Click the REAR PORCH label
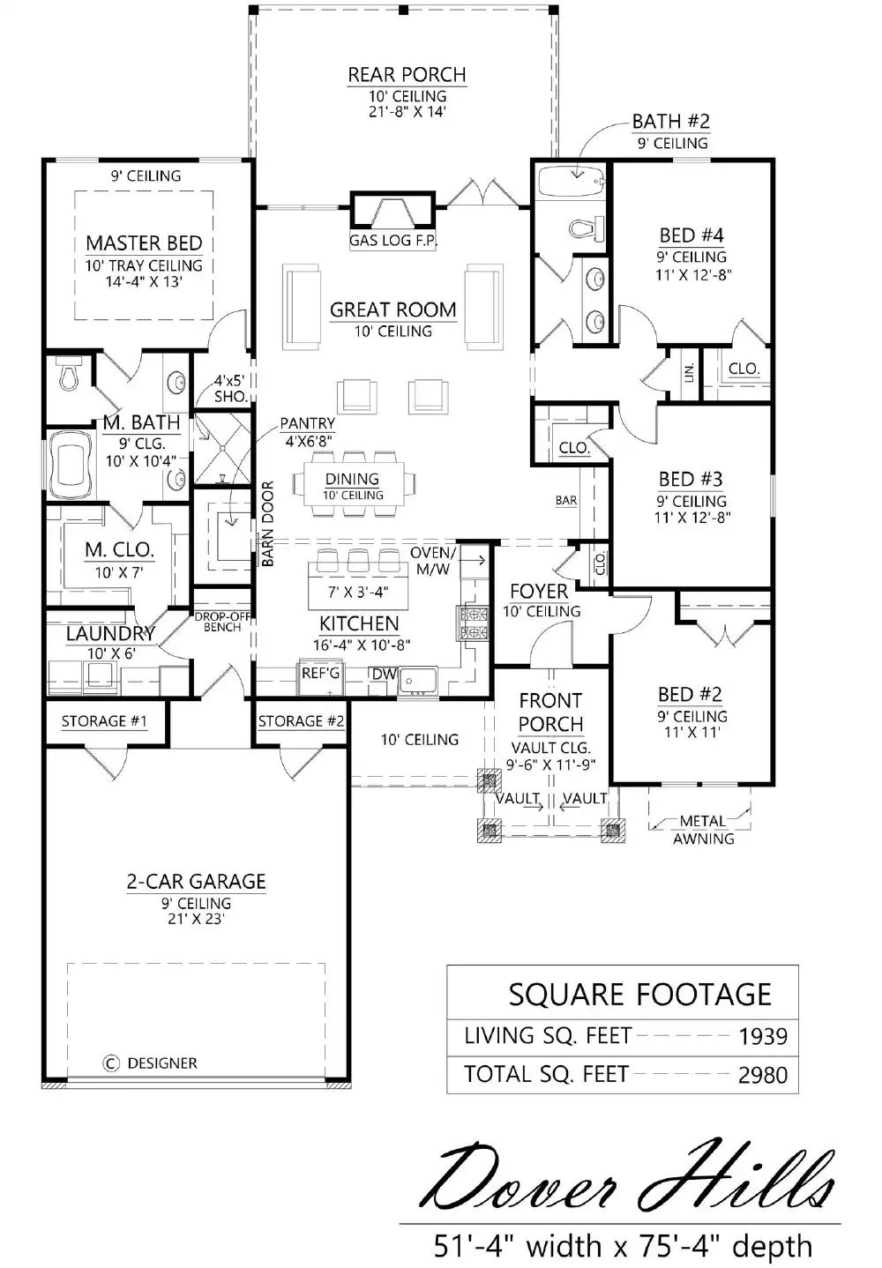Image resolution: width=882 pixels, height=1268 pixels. coord(407,75)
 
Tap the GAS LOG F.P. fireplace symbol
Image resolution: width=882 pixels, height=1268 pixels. coord(392,213)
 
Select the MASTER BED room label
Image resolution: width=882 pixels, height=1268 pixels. coord(144,242)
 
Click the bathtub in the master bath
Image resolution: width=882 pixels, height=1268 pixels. coord(71,463)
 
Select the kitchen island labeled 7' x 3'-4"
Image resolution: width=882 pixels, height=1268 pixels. coord(357,587)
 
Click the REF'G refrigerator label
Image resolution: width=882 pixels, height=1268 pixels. coord(320,674)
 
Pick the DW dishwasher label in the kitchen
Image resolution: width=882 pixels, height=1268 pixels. coord(384,675)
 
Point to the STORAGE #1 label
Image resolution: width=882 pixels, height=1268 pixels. coord(104,721)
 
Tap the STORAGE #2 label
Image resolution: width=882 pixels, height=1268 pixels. coord(301,721)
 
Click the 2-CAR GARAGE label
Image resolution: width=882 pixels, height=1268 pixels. coord(196,881)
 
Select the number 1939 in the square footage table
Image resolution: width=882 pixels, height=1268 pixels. coord(762,1036)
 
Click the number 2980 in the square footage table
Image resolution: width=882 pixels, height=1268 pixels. coord(762,1075)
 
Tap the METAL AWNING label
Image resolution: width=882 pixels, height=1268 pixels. coord(703,830)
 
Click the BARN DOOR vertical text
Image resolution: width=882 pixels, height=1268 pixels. coord(268,524)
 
